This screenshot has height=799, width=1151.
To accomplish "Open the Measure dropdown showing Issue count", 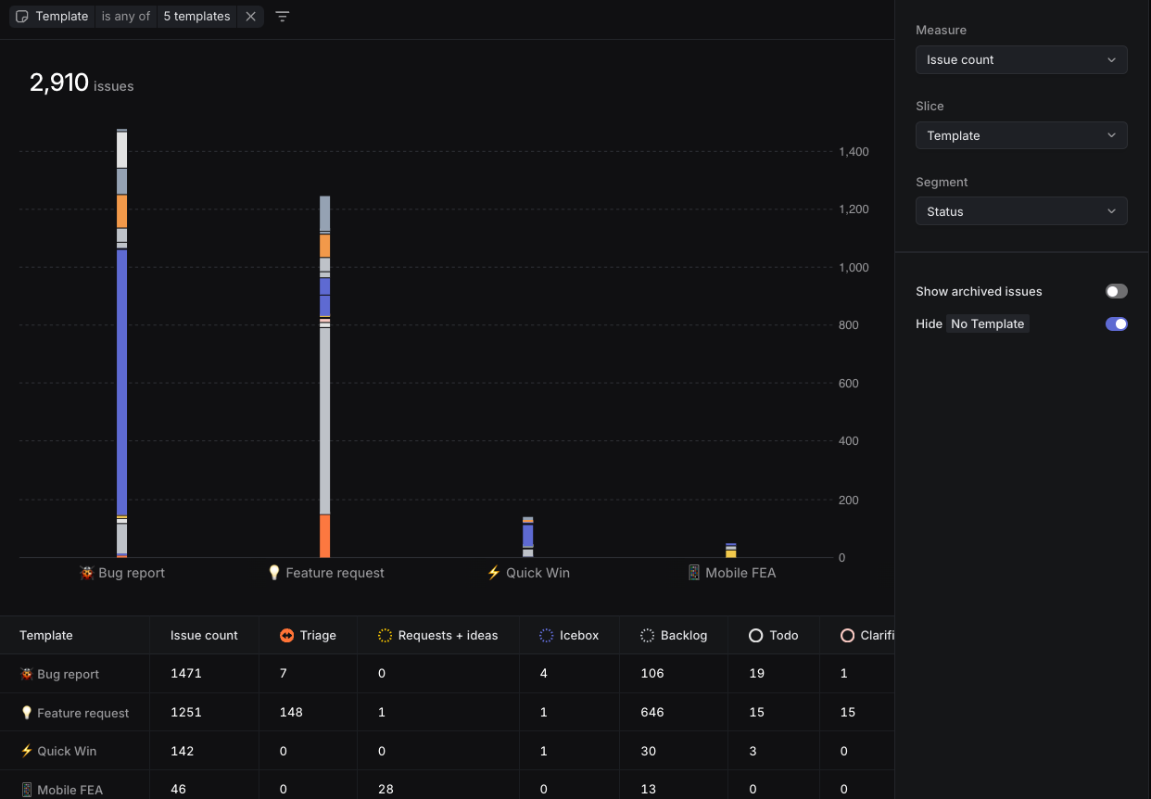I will (x=1020, y=59).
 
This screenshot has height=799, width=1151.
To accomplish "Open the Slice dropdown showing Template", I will (x=1020, y=135).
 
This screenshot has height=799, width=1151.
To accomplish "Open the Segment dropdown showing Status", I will (x=1020, y=211).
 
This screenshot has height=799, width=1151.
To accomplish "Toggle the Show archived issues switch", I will (x=1116, y=291).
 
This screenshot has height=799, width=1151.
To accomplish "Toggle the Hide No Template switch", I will (x=1116, y=323).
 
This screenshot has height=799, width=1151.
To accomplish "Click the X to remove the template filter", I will (x=250, y=16).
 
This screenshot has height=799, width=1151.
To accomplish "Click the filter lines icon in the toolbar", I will (x=283, y=16).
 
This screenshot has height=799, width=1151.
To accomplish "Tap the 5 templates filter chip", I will (x=196, y=16).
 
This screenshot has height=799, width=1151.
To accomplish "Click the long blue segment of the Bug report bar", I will (x=121, y=380).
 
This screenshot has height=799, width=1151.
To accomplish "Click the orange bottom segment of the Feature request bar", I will (x=324, y=536).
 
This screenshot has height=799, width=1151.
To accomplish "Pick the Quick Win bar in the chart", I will (x=527, y=537).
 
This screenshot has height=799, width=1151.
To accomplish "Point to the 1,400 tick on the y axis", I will (x=854, y=151).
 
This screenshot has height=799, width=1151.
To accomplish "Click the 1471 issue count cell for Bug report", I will (x=185, y=674).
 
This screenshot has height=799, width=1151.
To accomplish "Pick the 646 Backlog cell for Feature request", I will (x=652, y=713).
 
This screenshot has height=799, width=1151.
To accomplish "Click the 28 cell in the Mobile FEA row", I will (x=386, y=789).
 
